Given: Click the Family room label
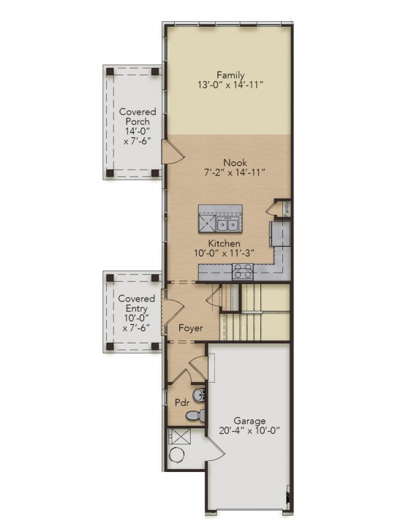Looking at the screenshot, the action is pos(230,75).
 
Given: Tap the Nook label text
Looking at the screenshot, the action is pos(235,163).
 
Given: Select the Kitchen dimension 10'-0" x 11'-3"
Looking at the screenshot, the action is pos(224,253).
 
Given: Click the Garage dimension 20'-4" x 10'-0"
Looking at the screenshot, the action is pos(249,430).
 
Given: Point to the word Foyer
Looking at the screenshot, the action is pos(190,328).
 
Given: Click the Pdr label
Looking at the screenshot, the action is pos(181,403).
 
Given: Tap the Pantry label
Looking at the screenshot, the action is pos(287,209).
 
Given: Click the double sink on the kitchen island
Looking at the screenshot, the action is pos(227,224).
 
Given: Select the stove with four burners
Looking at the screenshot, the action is pos(243,271).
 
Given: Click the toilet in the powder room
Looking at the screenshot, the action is pos(195,415).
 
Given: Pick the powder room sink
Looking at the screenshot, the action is pos(200,394).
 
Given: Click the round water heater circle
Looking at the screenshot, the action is pos(177,456).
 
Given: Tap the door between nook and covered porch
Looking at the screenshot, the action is pos(173,152).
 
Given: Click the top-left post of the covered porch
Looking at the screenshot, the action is pos(110,72).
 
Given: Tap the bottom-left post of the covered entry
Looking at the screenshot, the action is pos(110,346).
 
